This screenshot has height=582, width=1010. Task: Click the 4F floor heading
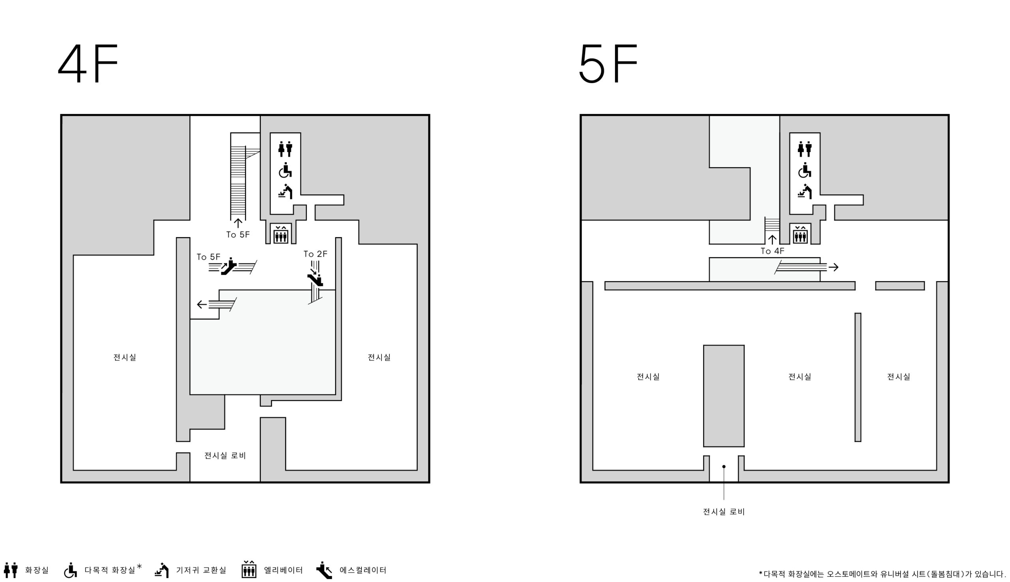(x=88, y=63)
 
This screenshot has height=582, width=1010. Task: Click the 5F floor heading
(x=608, y=63)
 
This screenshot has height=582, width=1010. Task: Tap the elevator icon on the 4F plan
(x=281, y=234)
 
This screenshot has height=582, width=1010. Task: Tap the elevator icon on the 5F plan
(x=801, y=234)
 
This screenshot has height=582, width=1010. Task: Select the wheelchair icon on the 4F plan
(x=285, y=170)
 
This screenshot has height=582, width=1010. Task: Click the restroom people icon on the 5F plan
(x=805, y=149)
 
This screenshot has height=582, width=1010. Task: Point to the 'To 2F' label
(x=315, y=254)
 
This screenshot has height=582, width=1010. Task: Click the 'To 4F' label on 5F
(x=772, y=251)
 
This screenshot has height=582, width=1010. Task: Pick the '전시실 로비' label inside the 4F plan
(x=225, y=455)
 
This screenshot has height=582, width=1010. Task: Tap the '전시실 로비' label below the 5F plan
(x=724, y=511)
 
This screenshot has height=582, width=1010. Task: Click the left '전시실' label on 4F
(x=125, y=357)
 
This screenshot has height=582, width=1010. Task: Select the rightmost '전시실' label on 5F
(x=899, y=377)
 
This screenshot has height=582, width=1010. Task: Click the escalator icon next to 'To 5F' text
(x=229, y=267)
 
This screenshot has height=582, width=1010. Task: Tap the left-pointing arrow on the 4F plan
(x=201, y=305)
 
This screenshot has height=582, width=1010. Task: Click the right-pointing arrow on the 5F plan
(x=834, y=267)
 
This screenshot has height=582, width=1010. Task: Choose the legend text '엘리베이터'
(x=283, y=570)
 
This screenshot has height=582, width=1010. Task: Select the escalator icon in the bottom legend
(x=324, y=570)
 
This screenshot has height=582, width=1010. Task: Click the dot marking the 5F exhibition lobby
(x=724, y=467)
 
